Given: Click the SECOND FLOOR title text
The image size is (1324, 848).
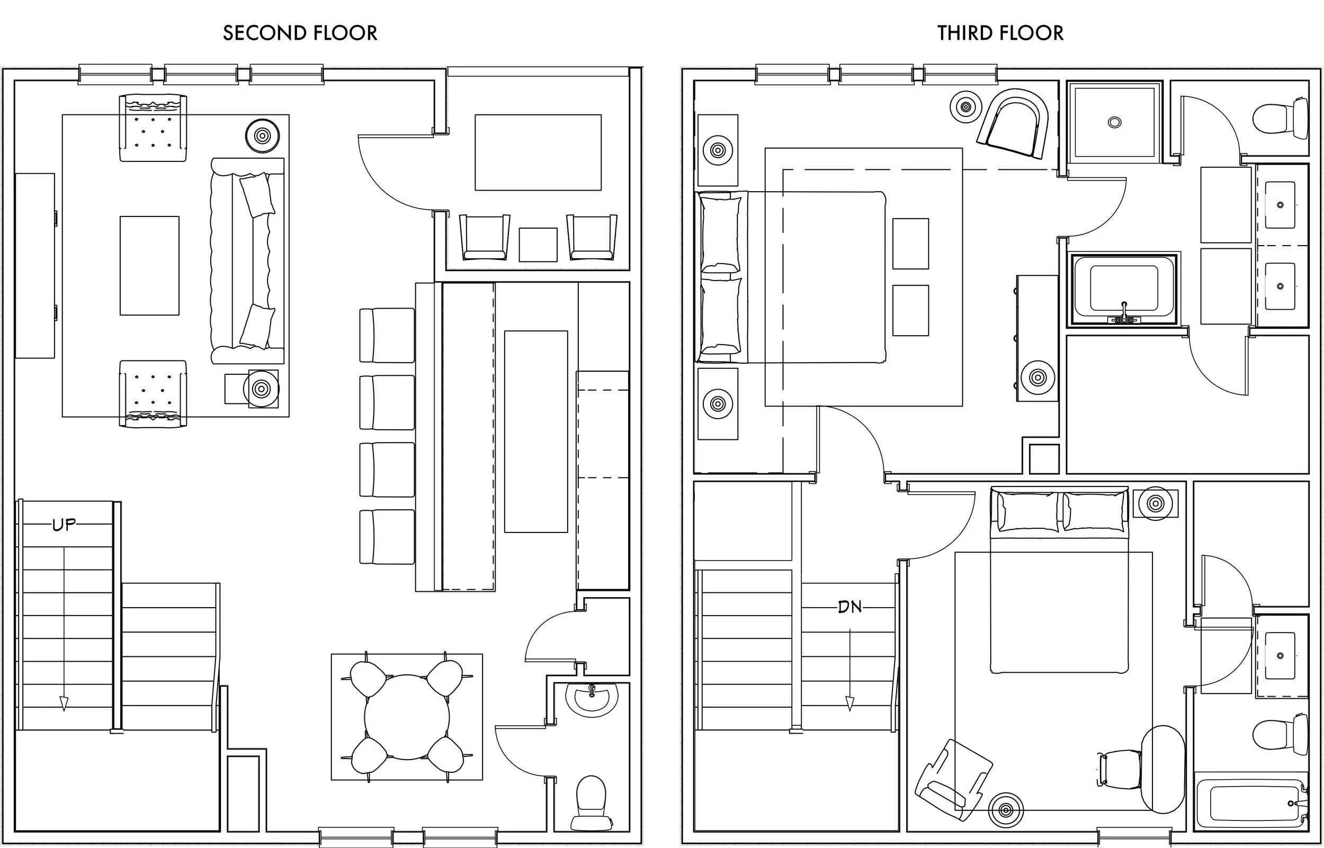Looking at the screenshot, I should (x=300, y=33).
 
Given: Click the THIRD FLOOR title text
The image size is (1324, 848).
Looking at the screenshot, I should (x=1000, y=33).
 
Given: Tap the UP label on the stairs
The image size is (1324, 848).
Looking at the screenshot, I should (x=64, y=525).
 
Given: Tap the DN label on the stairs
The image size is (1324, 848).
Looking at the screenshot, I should (x=849, y=607).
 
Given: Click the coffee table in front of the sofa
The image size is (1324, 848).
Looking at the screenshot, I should (x=149, y=265).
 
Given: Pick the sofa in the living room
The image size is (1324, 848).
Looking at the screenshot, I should (x=247, y=260).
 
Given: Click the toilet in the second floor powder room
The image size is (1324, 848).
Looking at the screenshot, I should (x=591, y=802).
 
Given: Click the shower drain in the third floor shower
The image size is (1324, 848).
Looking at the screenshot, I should (x=1114, y=122).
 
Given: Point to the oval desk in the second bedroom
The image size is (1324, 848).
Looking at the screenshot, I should (x=1162, y=769).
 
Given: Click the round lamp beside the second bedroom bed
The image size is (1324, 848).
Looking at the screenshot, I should (x=1155, y=503).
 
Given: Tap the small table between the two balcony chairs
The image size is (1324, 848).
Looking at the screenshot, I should (x=538, y=245).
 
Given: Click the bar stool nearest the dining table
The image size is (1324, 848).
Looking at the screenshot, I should (x=387, y=536).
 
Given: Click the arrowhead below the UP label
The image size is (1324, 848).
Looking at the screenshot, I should (x=64, y=703).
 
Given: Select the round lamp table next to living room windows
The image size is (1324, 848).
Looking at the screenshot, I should (x=262, y=135).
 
